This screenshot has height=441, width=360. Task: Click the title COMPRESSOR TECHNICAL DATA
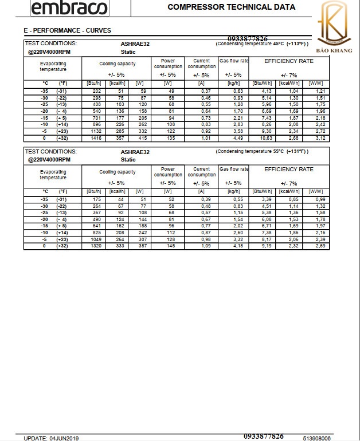[x=231, y=7]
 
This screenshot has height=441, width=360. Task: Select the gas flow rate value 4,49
[x=233, y=137]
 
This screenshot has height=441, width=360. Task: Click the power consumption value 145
[x=167, y=246]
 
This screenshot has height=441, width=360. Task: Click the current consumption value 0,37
[x=202, y=91]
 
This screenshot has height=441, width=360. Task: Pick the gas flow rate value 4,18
[x=233, y=246]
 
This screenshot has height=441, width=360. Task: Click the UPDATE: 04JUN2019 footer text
[x=51, y=438]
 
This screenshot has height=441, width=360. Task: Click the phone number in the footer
[x=263, y=436]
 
